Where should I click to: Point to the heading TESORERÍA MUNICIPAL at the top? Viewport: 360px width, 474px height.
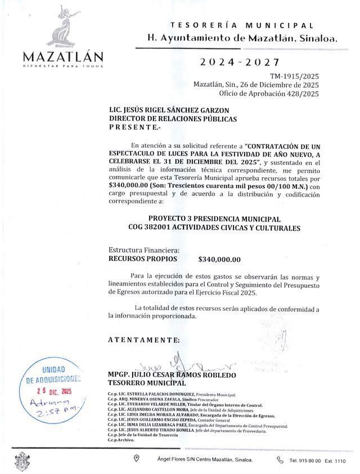point(242,26)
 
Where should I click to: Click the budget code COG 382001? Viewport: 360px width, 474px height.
point(163,228)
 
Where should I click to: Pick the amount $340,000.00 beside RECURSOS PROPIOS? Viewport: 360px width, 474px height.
point(219,259)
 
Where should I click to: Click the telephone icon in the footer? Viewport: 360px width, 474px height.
point(281,460)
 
